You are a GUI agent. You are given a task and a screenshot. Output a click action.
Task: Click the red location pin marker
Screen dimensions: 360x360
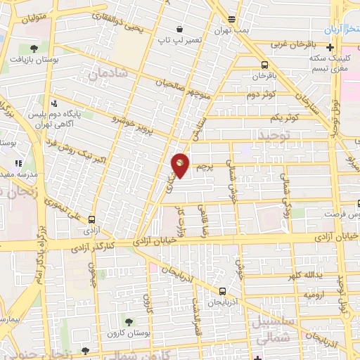pyautogui.click(x=180, y=165)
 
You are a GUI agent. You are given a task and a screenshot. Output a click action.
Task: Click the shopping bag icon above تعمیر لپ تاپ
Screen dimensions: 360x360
pyautogui.click(x=180, y=29)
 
